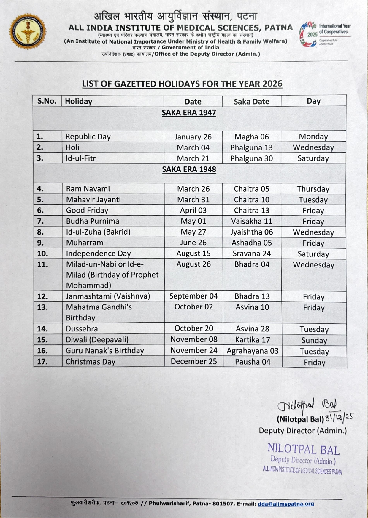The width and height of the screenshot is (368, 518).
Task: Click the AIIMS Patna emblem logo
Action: tap(28, 31)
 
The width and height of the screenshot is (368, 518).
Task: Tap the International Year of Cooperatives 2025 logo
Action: tap(325, 34)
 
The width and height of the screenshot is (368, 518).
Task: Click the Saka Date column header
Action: tap(251, 102)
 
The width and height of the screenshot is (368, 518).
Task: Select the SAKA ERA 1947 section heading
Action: tap(189, 113)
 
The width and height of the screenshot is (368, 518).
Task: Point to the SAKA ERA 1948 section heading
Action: tap(189, 169)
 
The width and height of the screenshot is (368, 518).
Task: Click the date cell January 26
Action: tap(193, 137)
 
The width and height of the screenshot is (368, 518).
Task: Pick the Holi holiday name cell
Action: tap(72, 147)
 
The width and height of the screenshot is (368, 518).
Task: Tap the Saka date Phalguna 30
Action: tap(251, 158)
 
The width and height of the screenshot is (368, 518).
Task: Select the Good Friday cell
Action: tap(87, 210)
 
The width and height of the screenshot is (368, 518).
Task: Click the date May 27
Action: tap(193, 232)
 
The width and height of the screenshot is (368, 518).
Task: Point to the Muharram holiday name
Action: tap(85, 243)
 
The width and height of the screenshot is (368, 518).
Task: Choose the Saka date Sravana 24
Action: tap(252, 254)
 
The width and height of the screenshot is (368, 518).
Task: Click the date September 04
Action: tap(193, 296)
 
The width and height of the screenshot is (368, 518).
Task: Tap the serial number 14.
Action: tap(42, 329)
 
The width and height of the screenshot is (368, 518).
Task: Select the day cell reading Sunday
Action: tap(314, 340)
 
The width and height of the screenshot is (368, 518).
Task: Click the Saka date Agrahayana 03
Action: tap(253, 351)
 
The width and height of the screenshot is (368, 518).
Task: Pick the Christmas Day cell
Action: tap(90, 362)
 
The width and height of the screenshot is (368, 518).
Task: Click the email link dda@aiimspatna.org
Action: tap(286, 503)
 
